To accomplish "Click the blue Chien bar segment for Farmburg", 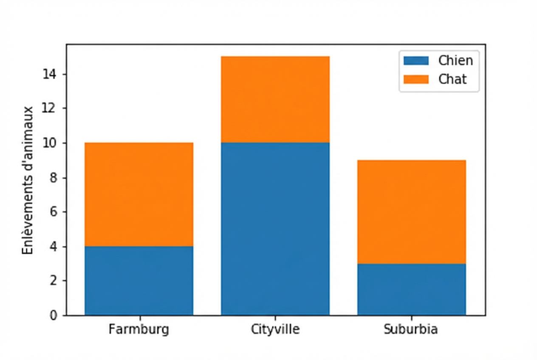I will click(139, 281).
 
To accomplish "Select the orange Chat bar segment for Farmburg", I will click(139, 194).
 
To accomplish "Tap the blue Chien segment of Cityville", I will click(275, 229).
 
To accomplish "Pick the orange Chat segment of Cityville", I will click(275, 99).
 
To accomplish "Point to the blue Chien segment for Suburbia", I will click(411, 290).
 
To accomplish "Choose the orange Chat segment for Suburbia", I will click(411, 212).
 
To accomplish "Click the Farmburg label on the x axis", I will click(139, 329).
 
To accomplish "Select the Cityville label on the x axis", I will click(275, 329).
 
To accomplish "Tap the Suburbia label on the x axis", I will click(411, 329).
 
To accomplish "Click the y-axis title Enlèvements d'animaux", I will click(28, 180).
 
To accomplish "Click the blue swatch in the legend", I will click(416, 61).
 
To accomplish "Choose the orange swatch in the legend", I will click(416, 79).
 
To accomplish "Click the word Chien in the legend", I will click(456, 61).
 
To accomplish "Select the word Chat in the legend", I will click(453, 79).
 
